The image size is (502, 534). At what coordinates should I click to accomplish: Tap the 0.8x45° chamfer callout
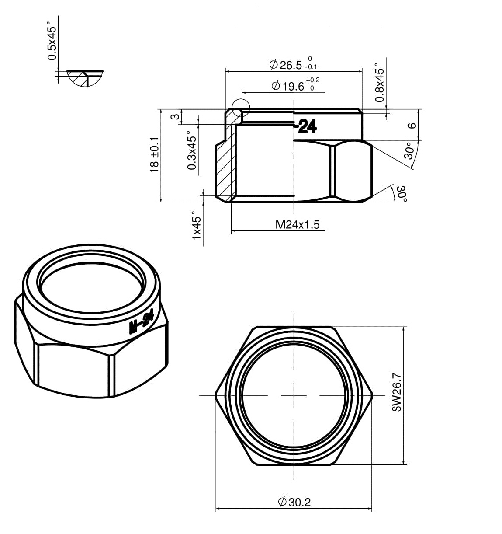[x=380, y=83]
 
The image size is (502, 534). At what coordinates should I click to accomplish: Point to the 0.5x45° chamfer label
[x=52, y=41]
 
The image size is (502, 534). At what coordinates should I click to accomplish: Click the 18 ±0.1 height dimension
[x=155, y=155]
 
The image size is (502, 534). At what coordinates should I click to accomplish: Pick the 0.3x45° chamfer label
[x=192, y=150]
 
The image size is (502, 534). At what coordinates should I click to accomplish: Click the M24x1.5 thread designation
[x=298, y=224]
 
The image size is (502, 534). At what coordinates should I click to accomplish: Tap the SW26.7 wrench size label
[x=397, y=392]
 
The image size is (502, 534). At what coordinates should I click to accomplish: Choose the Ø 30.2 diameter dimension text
[x=294, y=502]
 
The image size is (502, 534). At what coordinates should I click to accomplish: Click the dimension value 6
[x=412, y=126]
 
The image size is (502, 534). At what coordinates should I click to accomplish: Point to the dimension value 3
[x=175, y=117]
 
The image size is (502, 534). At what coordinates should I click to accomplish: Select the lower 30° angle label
[x=402, y=194]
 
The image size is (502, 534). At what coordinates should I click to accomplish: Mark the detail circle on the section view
[x=241, y=108]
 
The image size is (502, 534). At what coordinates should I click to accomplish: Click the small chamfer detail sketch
[x=85, y=79]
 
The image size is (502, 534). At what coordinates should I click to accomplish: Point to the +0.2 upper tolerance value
[x=313, y=80]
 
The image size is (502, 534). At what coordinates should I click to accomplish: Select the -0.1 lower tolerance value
[x=311, y=66]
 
